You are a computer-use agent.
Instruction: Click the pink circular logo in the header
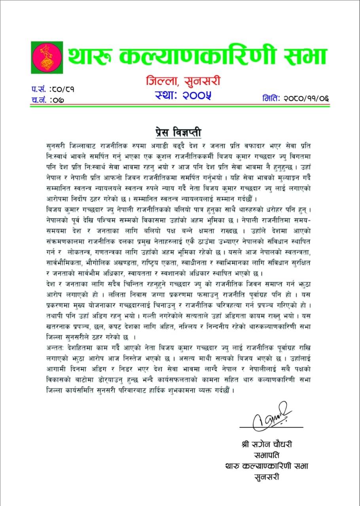coord(47,57)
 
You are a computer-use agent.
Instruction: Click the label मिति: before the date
coord(271,98)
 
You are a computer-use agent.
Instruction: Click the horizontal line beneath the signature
coord(271,427)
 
